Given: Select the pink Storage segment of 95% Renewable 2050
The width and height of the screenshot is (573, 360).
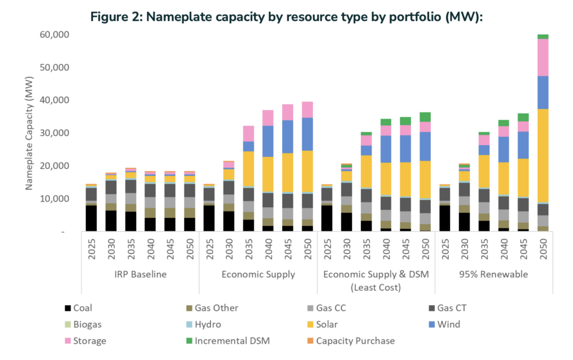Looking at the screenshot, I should click(542, 57).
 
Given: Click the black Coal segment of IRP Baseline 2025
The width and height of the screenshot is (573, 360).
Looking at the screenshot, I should click(91, 218).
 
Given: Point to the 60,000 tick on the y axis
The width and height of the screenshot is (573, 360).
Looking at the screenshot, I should click(54, 35).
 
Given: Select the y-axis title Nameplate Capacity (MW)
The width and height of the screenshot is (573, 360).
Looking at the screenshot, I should click(29, 133).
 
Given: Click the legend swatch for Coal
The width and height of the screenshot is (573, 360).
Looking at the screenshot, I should click(68, 308).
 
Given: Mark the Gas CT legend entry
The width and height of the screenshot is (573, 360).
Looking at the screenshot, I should click(457, 308).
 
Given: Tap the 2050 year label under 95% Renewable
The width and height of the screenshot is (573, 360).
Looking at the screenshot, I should click(542, 250).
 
